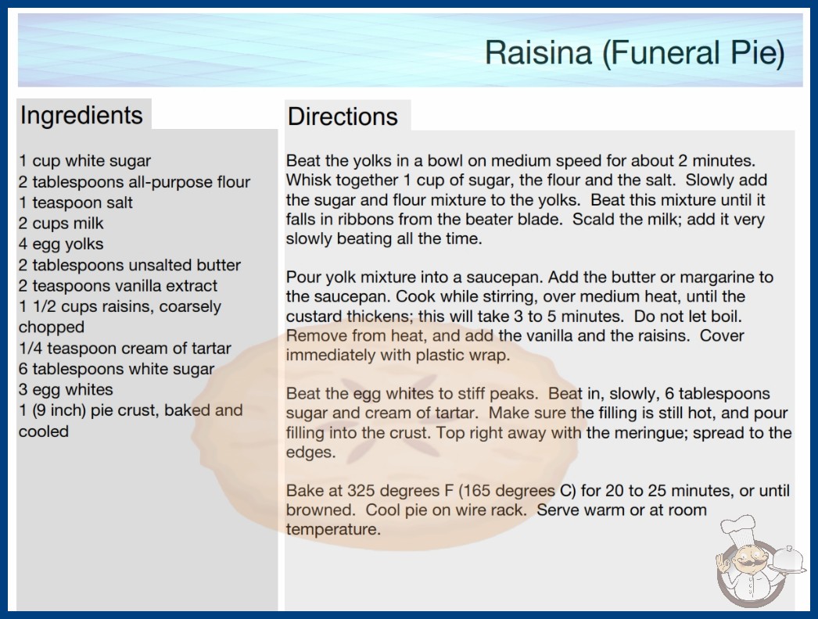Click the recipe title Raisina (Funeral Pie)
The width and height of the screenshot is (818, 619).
pos(634,52)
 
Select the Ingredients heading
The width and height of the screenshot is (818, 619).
pos(81,116)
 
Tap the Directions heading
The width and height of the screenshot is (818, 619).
pos(343,116)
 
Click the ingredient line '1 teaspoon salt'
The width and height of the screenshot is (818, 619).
pos(76,202)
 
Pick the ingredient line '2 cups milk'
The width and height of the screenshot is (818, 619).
pos(61,224)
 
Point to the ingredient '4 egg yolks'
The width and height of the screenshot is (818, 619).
pos(61,244)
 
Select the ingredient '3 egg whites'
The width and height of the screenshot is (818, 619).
pos(66,389)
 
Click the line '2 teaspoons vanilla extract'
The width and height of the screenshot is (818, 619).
pos(118,286)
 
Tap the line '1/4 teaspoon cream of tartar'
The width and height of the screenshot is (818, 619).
pos(124,348)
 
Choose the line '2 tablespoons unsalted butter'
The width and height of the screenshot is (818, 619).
pos(130,265)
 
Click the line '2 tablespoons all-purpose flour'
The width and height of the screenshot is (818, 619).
pos(135,182)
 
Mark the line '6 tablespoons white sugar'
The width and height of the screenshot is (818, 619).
pos(117,369)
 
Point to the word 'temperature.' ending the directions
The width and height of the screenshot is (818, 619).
pos(333,529)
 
